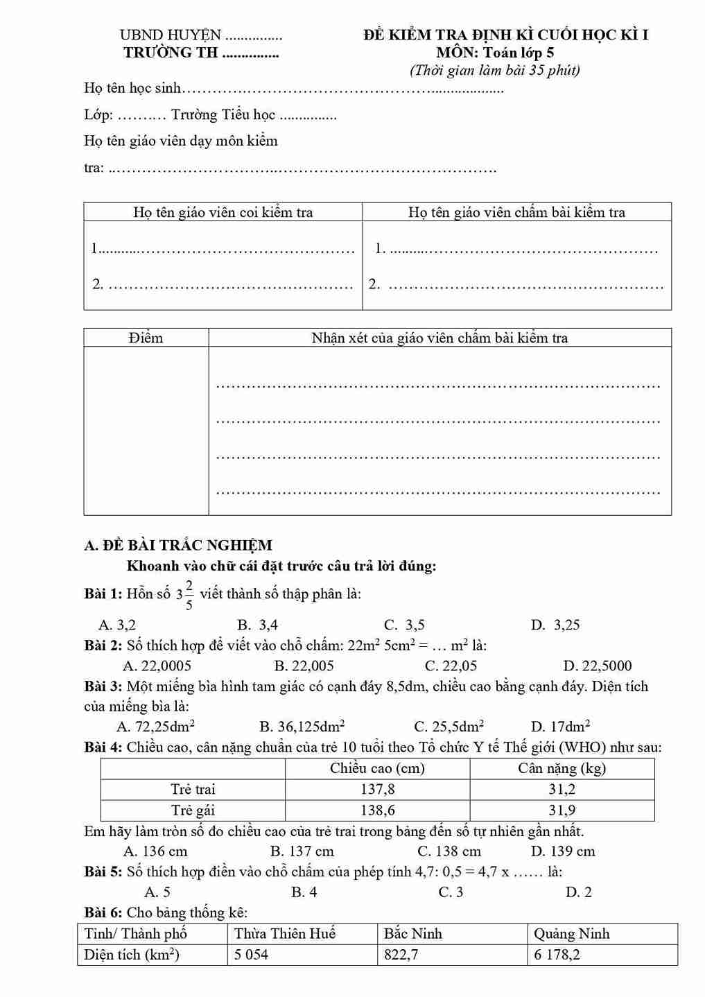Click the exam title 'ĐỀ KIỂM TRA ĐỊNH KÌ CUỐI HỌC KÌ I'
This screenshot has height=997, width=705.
505,35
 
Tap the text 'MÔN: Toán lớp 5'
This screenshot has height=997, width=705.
495,52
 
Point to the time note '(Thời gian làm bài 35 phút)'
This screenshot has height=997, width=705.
495,70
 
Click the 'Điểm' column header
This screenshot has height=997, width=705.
146,338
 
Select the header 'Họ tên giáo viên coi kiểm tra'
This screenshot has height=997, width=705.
223,212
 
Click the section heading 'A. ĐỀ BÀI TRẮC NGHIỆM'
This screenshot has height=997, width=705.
178,545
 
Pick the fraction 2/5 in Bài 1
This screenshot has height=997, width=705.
189,595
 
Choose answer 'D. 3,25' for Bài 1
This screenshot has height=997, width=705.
555,625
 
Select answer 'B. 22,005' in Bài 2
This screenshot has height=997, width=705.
304,666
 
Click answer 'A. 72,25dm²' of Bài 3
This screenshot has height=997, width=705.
156,727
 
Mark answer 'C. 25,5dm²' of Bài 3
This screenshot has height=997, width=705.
449,727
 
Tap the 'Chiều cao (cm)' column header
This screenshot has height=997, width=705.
377,768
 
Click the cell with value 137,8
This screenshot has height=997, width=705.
377,789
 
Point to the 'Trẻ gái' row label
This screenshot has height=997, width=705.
193,810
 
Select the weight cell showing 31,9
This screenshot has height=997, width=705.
562,810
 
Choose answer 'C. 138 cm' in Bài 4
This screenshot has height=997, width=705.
449,851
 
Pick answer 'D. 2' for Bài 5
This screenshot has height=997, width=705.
579,892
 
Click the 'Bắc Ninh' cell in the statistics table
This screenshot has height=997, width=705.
413,934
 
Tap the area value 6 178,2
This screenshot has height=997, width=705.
557,955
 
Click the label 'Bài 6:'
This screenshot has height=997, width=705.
103,912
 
